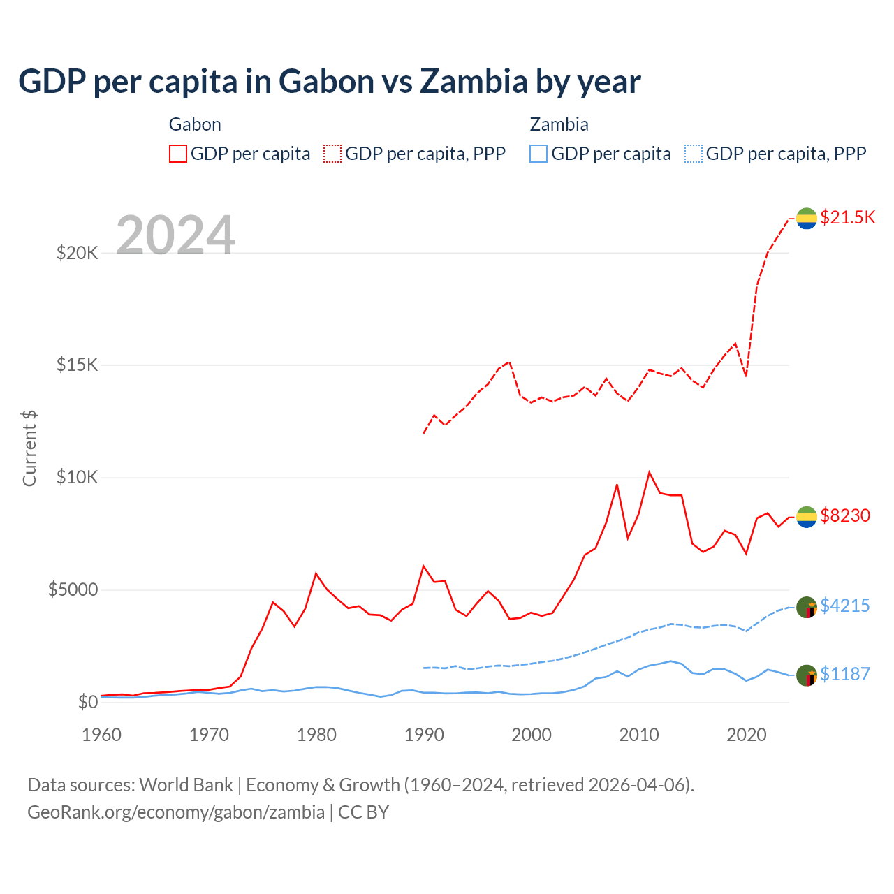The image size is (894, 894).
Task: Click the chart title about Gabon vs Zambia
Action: (x=329, y=82)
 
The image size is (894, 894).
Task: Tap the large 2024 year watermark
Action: (x=175, y=235)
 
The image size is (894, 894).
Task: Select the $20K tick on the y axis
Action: (x=78, y=253)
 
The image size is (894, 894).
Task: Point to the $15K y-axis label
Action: (x=78, y=365)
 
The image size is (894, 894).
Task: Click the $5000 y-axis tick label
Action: (x=73, y=590)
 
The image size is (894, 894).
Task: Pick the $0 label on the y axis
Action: (x=87, y=702)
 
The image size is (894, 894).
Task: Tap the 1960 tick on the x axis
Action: (x=102, y=735)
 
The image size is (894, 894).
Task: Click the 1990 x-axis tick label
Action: (x=425, y=735)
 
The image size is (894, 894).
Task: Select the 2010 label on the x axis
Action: (x=639, y=735)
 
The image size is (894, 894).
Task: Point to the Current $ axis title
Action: (x=29, y=448)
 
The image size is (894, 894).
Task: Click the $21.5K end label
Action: (x=847, y=217)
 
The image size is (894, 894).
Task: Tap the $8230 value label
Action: (x=845, y=515)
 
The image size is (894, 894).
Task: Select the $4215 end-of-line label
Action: (x=845, y=605)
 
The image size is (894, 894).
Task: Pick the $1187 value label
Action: (x=845, y=674)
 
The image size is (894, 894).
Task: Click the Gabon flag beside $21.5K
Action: (x=807, y=218)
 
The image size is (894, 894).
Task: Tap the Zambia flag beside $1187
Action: (x=807, y=675)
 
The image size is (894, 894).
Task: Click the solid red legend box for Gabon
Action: (x=178, y=154)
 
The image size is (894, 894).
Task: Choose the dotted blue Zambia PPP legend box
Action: (x=694, y=154)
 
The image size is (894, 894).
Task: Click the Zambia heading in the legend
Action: (x=559, y=124)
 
